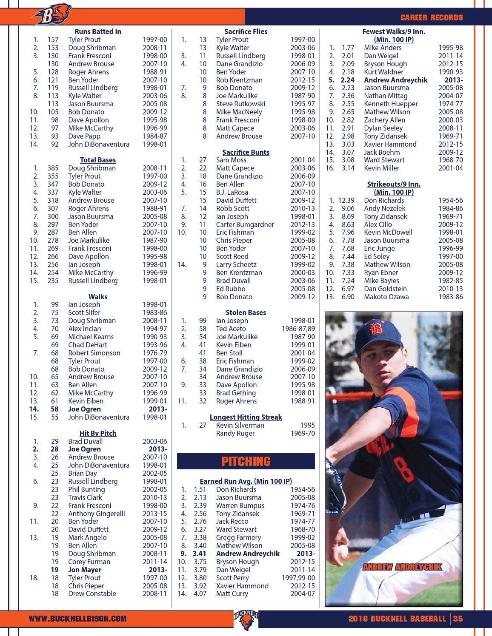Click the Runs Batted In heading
point(98,31)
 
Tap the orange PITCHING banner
point(246,461)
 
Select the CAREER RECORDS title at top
point(431,17)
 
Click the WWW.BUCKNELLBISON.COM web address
point(77,619)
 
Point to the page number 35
point(458,619)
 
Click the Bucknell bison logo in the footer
point(246,620)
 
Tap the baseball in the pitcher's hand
point(343,551)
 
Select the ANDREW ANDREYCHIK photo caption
point(402,567)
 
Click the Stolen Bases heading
point(246,312)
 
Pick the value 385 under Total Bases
point(53,168)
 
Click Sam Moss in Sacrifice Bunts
point(231,160)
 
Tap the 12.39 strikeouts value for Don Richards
point(346,200)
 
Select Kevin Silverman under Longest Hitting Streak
point(240,425)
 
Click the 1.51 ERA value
point(200,489)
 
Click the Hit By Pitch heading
point(98,433)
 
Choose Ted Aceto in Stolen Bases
point(231,329)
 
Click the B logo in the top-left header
point(51,16)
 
